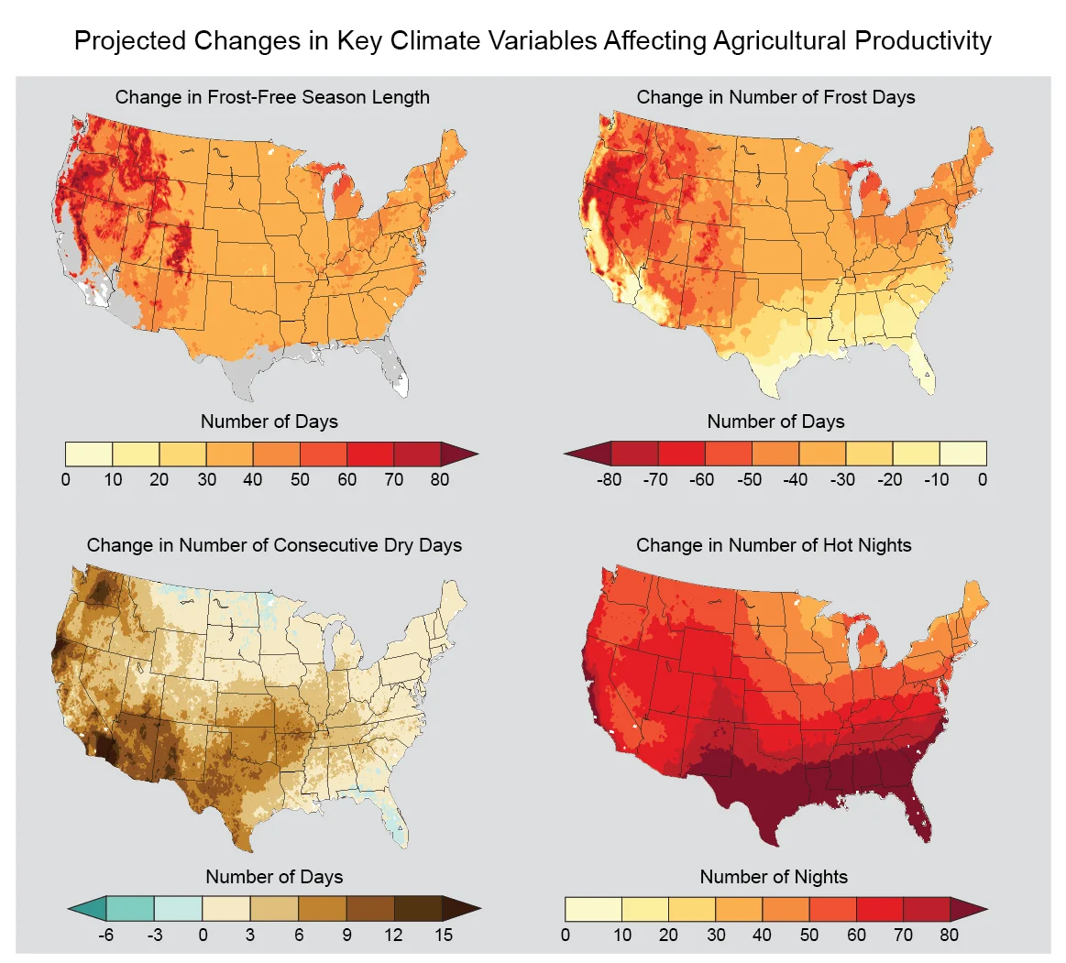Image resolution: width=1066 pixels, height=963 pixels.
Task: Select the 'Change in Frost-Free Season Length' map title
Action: click(x=272, y=97)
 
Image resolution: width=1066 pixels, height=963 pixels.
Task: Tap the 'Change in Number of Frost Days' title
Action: click(x=775, y=97)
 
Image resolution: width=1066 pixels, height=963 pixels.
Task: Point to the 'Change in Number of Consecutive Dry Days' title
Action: click(x=274, y=545)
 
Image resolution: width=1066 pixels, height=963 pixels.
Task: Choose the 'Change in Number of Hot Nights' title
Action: click(x=774, y=545)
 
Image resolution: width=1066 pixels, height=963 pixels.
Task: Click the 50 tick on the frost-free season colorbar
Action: click(x=300, y=479)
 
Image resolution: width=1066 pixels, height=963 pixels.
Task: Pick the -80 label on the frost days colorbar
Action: click(x=609, y=479)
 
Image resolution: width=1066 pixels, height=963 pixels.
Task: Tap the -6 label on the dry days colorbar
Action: click(x=106, y=935)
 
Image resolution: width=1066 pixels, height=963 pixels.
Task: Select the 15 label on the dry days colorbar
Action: click(x=443, y=935)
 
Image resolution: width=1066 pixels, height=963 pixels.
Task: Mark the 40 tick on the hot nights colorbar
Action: click(x=762, y=935)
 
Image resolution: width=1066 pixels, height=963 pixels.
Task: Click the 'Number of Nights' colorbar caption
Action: click(x=774, y=877)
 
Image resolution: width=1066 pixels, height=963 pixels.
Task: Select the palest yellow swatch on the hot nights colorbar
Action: click(x=593, y=909)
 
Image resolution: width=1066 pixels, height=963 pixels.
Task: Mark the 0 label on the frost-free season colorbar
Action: click(x=65, y=479)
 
